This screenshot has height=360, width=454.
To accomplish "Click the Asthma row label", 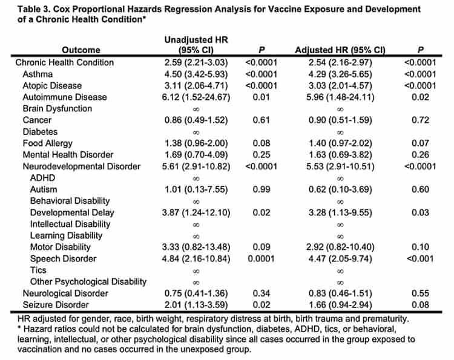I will click(x=37, y=74).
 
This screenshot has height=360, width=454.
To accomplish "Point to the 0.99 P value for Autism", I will click(x=261, y=189).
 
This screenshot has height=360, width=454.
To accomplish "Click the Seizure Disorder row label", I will click(x=57, y=304).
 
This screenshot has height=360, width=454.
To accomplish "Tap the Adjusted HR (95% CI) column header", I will click(x=340, y=50).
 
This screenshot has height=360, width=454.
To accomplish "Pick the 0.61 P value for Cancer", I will click(x=261, y=120).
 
